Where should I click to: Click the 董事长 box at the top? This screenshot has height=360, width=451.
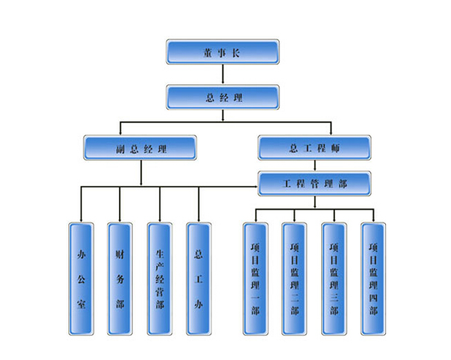coord(222,52)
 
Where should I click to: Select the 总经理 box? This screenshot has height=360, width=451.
coord(222,97)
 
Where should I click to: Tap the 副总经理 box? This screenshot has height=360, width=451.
coord(140,148)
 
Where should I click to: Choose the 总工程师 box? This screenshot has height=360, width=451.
coord(315,148)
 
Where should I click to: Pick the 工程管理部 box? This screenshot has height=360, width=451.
coord(315,184)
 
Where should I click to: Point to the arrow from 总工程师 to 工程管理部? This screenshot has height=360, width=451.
coord(316,166)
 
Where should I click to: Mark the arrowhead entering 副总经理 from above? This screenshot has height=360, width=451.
coord(121,133)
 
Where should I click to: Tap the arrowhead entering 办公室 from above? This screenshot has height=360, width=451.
coord(81,220)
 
